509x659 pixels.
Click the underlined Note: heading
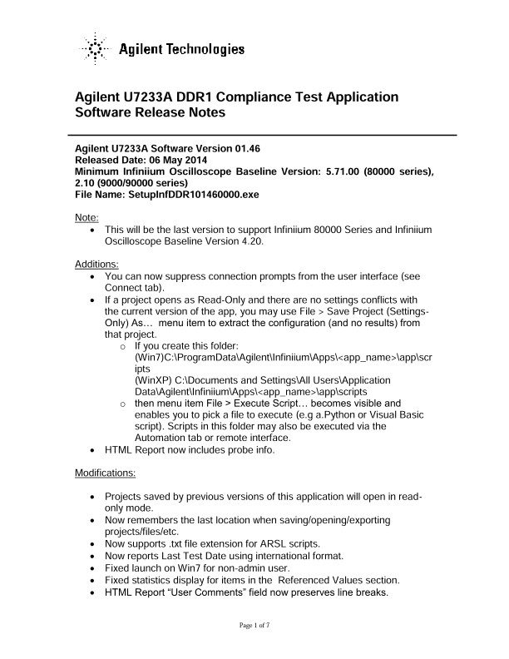(86, 216)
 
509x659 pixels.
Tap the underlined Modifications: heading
(106, 473)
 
